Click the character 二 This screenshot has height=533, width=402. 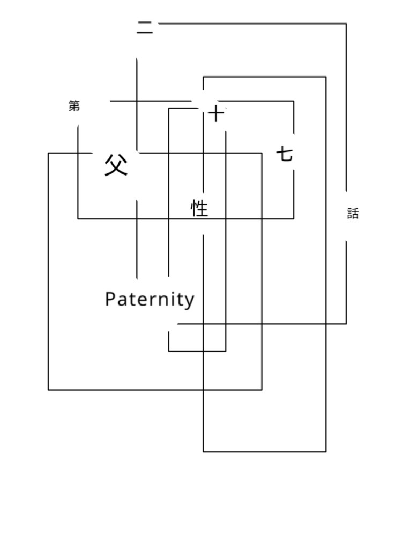[x=144, y=28]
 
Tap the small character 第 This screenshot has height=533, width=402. [x=75, y=105]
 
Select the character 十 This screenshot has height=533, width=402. [x=216, y=113]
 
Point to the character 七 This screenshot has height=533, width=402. [x=285, y=155]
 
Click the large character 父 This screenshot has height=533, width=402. [x=116, y=165]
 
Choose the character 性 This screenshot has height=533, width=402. [x=200, y=208]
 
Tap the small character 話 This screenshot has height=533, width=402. [x=352, y=214]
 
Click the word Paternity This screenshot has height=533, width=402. [x=150, y=300]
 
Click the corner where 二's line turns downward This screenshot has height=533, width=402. [x=346, y=24]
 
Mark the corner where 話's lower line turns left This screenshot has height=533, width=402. [x=346, y=324]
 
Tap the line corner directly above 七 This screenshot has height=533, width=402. [x=294, y=101]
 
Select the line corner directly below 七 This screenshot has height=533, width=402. [x=294, y=218]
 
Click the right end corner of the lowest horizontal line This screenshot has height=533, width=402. [x=326, y=452]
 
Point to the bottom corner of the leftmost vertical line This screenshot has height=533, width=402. [x=49, y=390]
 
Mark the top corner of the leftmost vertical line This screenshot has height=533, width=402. [x=49, y=153]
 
